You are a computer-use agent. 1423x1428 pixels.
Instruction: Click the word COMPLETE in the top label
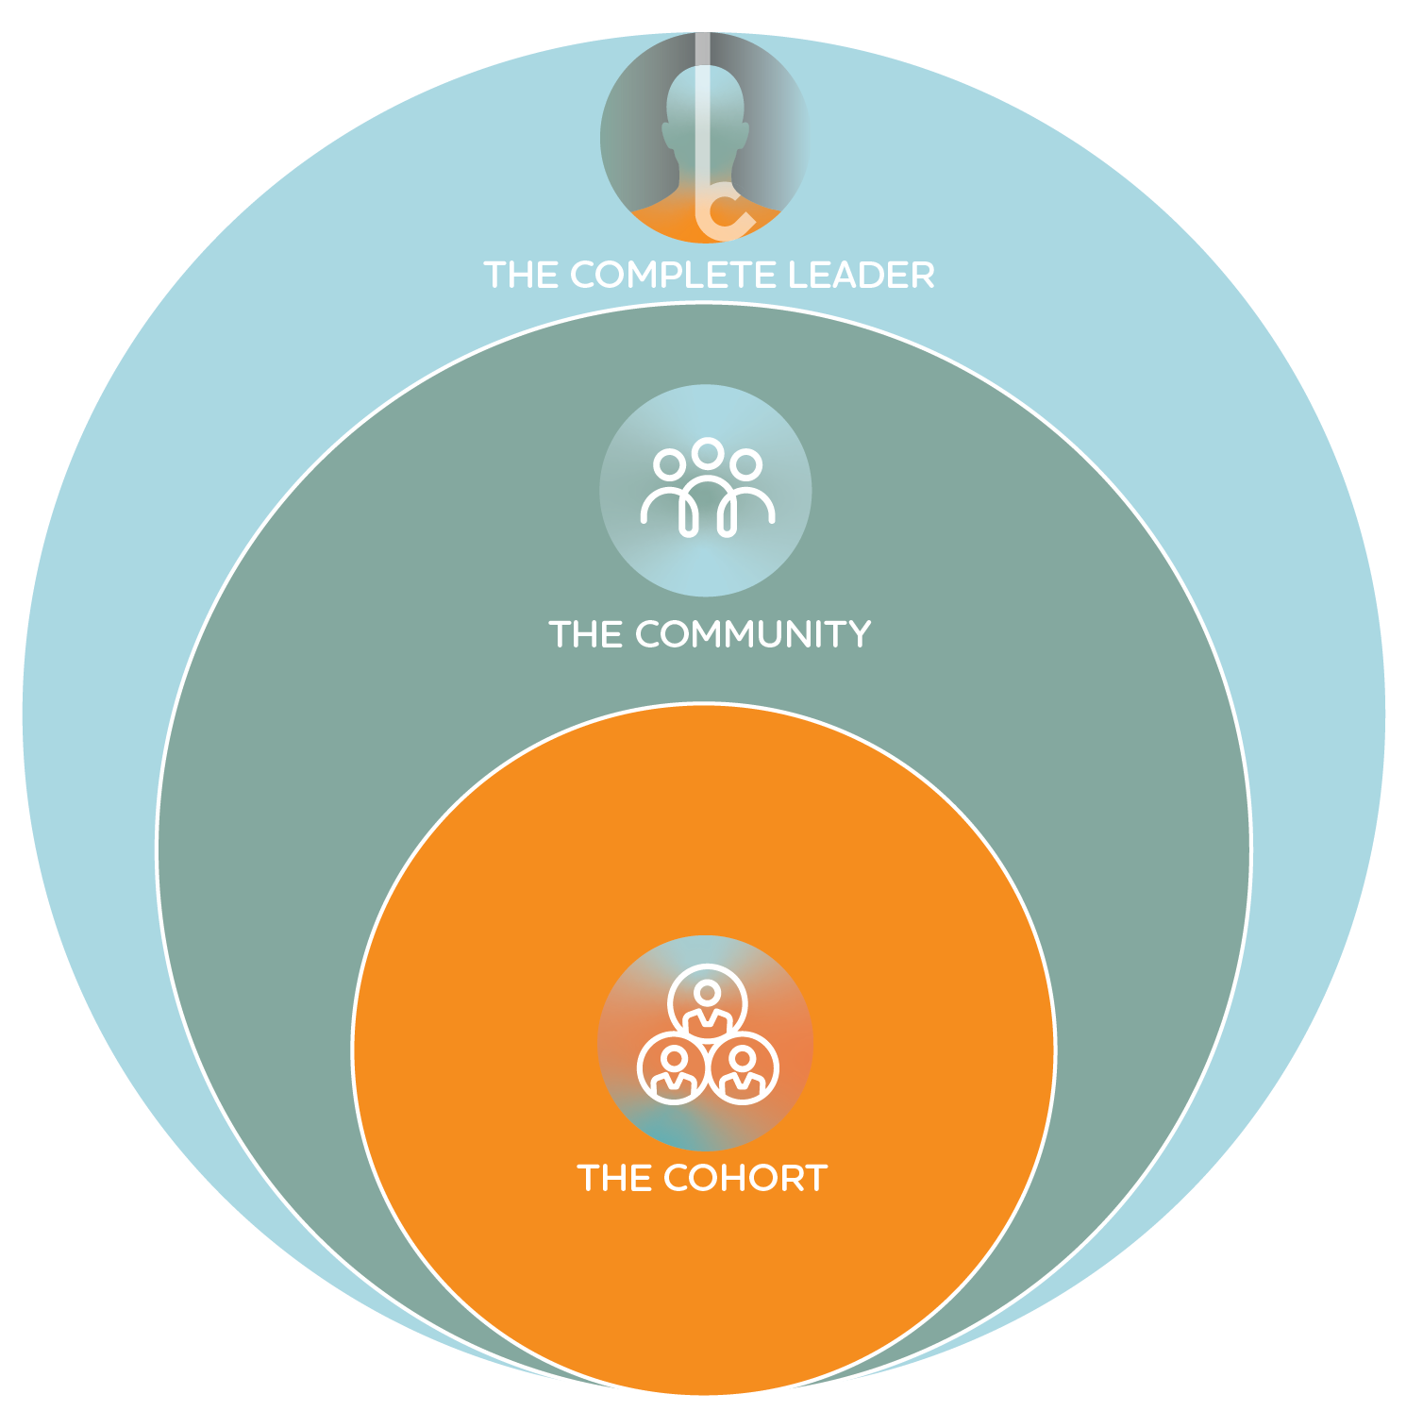click(675, 275)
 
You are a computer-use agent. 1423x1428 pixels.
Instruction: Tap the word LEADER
click(861, 275)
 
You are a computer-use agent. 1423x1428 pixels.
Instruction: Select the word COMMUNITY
click(752, 634)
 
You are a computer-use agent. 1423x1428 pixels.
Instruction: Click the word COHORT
click(745, 1178)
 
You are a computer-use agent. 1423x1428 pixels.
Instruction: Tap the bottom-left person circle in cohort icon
click(673, 1070)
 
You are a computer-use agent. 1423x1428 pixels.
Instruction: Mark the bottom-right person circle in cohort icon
click(744, 1070)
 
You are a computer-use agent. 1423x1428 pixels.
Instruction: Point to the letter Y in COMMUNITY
click(857, 634)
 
